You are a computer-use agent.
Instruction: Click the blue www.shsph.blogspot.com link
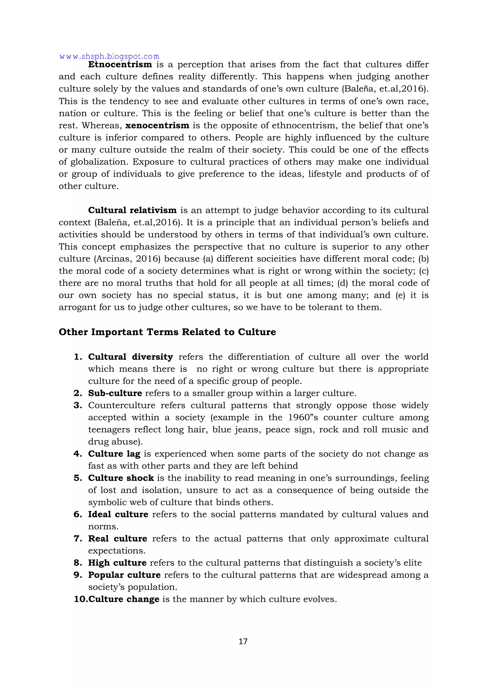pos(109,56)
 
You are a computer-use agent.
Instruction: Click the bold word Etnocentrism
pos(120,65)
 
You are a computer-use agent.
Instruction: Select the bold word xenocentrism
pos(157,125)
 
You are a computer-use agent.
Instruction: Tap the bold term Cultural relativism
pos(132,210)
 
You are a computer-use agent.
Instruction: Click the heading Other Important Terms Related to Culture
pos(167,332)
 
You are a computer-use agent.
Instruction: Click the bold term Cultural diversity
pos(131,357)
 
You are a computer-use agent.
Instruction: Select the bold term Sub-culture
pos(115,393)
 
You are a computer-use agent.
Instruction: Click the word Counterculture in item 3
pos(121,406)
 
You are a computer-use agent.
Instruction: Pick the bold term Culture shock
pos(121,478)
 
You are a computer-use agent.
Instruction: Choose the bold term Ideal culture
pos(118,514)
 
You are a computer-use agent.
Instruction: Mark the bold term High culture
pos(117,563)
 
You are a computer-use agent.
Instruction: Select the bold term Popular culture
pos(124,575)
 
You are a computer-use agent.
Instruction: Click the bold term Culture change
pos(124,599)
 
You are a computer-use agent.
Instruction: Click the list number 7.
pos(78,539)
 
